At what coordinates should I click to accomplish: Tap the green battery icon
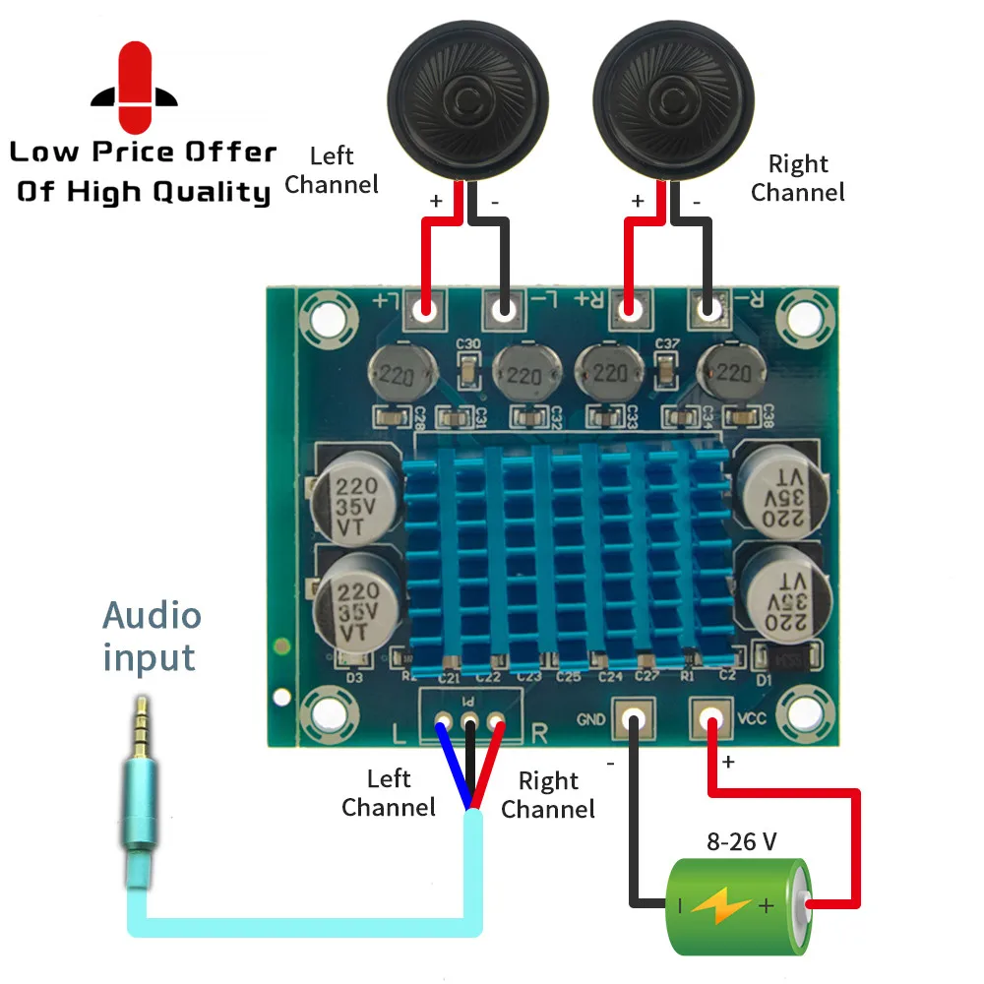pyautogui.click(x=739, y=905)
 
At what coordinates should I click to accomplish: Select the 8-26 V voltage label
pyautogui.click(x=742, y=842)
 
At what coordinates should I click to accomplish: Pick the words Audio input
pyautogui.click(x=153, y=637)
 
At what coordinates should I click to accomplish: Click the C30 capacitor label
pyautogui.click(x=469, y=344)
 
